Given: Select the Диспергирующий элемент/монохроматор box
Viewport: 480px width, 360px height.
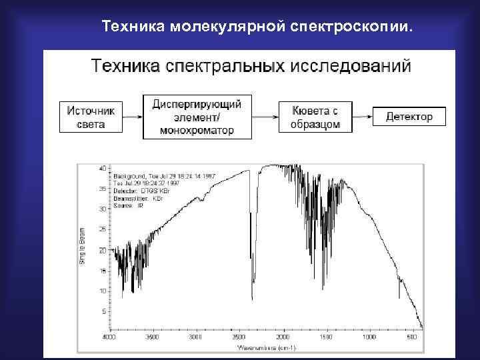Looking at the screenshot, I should pyautogui.click(x=197, y=117).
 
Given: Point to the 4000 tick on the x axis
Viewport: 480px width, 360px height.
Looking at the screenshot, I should pyautogui.click(x=107, y=337).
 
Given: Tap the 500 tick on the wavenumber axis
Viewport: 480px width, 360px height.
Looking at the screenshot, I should pyautogui.click(x=413, y=337).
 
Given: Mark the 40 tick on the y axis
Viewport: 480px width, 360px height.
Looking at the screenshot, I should pyautogui.click(x=102, y=168).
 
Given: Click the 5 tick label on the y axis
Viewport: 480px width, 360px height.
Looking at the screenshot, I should pyautogui.click(x=103, y=311).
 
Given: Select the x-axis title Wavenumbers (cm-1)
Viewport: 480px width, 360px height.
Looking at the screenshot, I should pyautogui.click(x=267, y=348).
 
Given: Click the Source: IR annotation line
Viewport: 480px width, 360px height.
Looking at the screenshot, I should pyautogui.click(x=129, y=205).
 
